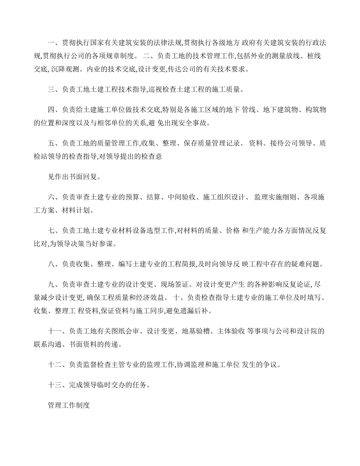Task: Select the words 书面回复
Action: pos(84,176)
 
